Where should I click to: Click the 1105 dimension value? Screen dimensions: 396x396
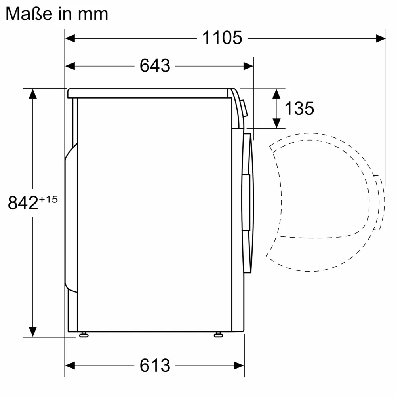click(222, 38)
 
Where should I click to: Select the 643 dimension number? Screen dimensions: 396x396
click(154, 66)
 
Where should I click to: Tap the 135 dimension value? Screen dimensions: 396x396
click(299, 108)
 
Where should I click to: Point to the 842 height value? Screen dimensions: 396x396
click(23, 203)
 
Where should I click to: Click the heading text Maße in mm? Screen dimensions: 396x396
click(57, 14)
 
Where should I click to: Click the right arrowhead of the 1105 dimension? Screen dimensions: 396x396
click(381, 38)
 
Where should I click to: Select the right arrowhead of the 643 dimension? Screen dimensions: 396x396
click(248, 66)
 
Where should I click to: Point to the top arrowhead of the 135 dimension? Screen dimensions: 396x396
click(276, 94)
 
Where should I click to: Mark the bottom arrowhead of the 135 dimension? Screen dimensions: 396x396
click(276, 123)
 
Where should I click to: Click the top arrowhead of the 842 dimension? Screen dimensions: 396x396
click(32, 94)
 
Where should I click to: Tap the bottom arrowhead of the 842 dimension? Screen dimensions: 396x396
click(32, 331)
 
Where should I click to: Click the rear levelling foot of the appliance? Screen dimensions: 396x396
click(83, 335)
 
